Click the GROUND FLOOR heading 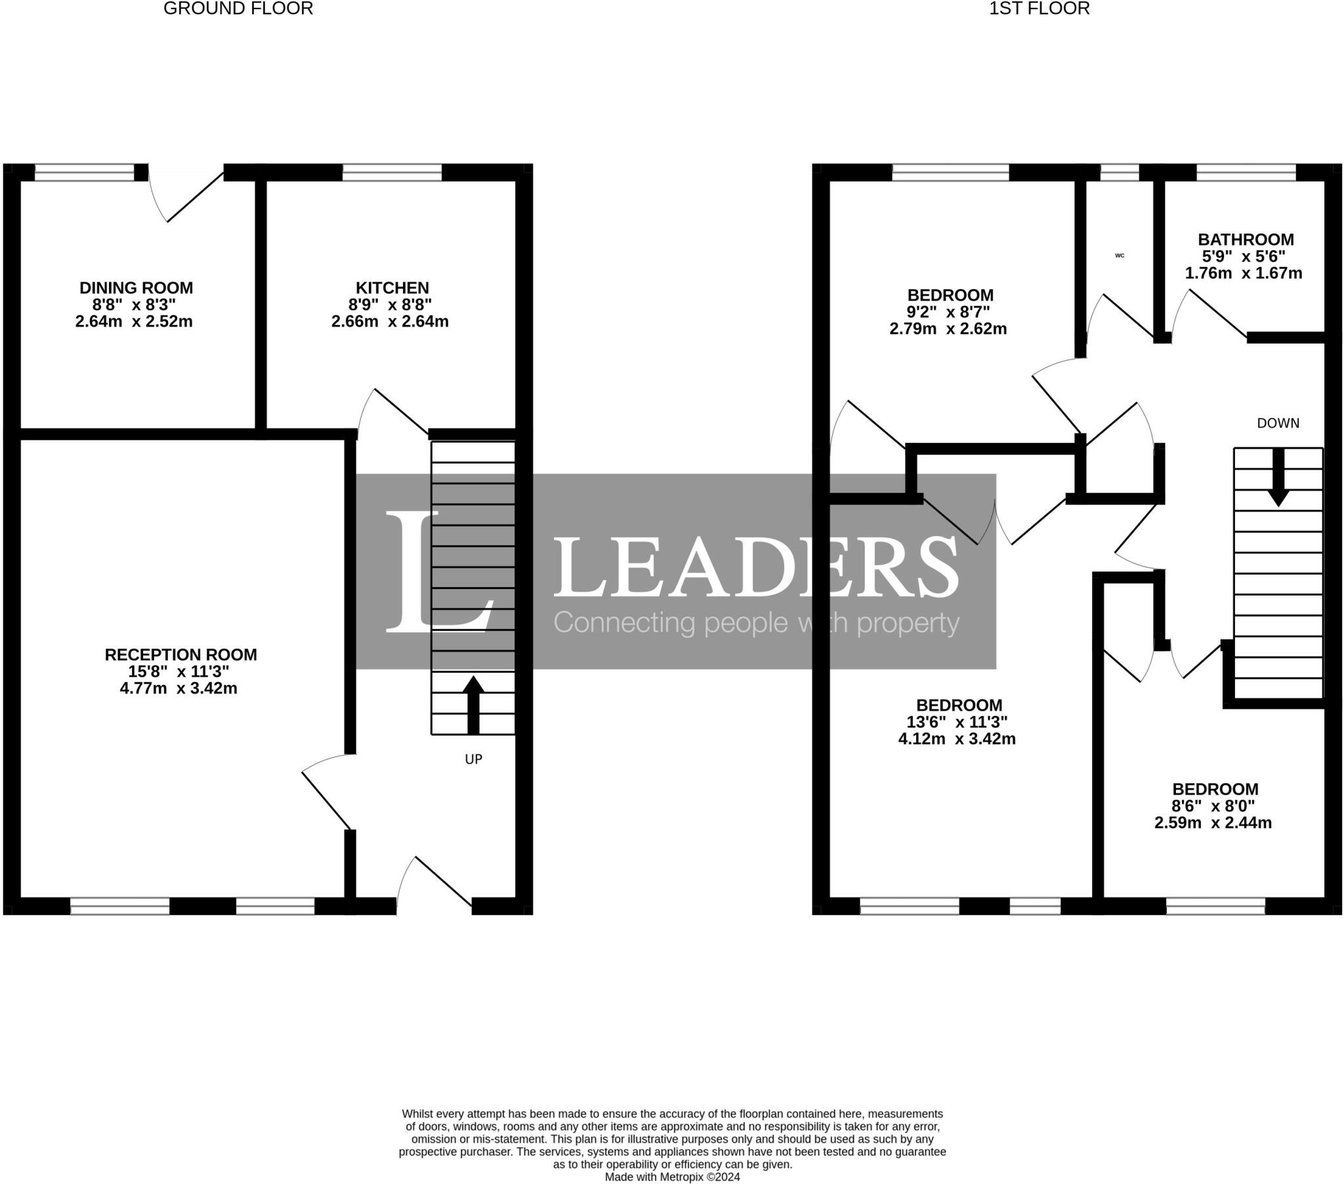238,9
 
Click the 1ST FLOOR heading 1039,9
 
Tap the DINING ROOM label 136,288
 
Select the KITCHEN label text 392,288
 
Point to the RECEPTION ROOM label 181,655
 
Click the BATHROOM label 1246,240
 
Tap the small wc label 1120,256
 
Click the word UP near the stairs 473,760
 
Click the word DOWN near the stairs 1278,423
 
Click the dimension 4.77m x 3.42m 178,689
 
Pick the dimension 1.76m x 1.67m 1244,274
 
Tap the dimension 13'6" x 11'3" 957,722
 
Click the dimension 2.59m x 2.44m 1213,823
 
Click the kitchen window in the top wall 392,173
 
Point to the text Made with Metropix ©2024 672,1177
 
